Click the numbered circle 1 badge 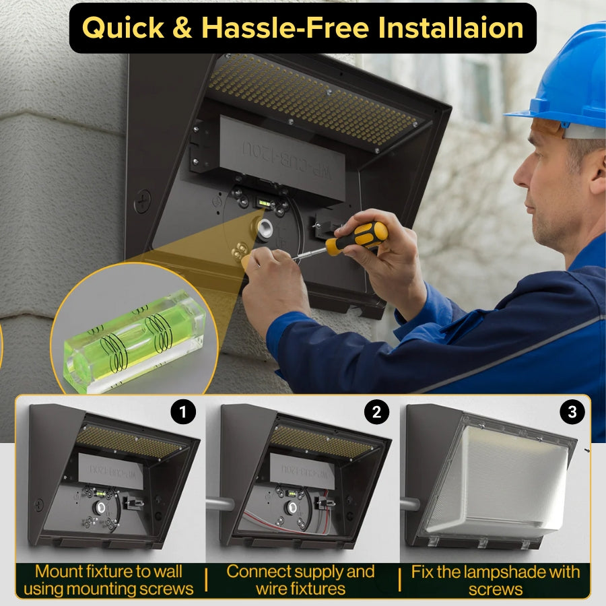tap(182, 413)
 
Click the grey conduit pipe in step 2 tap(218, 503)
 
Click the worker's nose tap(519, 176)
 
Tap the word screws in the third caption tap(495, 588)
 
